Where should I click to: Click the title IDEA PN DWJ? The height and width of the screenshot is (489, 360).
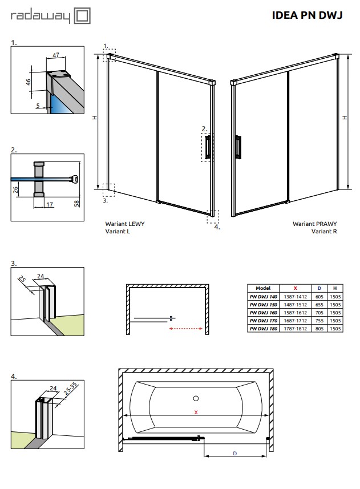(307, 16)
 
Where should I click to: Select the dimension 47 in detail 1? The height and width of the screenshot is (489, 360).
(56, 55)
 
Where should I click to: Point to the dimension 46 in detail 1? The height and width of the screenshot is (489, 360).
(28, 82)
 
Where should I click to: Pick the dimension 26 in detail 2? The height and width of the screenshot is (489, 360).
(15, 189)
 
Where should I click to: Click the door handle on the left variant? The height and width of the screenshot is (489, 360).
(208, 147)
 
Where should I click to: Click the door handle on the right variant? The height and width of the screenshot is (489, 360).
(237, 147)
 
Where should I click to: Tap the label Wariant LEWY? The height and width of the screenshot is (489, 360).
(124, 224)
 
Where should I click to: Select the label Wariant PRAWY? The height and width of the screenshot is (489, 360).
(315, 224)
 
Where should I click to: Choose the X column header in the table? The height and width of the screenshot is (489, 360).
(295, 289)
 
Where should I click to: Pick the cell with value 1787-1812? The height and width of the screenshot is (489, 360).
(295, 329)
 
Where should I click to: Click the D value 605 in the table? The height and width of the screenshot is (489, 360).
(320, 297)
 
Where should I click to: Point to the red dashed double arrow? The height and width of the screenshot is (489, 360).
(188, 328)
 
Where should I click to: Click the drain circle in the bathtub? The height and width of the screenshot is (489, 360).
(195, 398)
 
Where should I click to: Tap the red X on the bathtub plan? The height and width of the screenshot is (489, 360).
(196, 412)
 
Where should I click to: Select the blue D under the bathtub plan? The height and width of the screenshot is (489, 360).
(235, 454)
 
